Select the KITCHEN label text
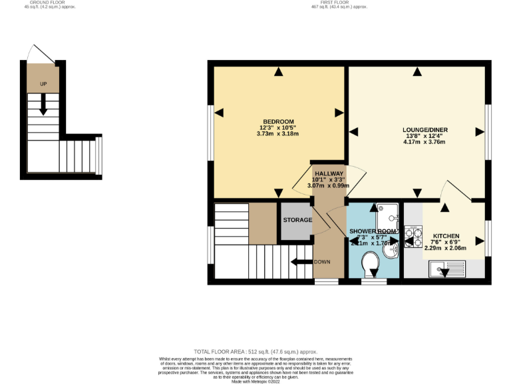(x=445, y=236)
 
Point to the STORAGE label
(x=297, y=220)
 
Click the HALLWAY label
(x=328, y=173)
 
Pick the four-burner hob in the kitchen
(x=413, y=237)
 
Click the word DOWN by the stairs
(x=322, y=262)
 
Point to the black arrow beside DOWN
(x=301, y=262)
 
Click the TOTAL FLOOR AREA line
(x=255, y=351)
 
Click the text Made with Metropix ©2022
(x=255, y=381)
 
